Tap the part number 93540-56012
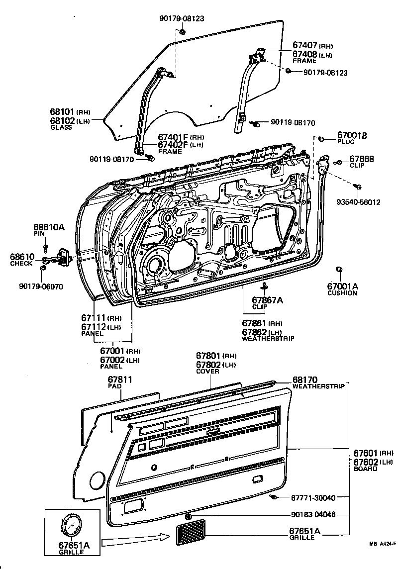tap(358, 202)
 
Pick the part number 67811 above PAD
tap(120, 380)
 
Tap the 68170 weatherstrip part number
tap(305, 379)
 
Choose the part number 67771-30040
tap(313, 497)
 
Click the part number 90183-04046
tap(313, 515)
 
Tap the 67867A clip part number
tap(267, 300)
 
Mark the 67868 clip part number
tap(362, 159)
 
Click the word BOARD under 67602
tap(365, 469)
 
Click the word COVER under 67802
tap(207, 371)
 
